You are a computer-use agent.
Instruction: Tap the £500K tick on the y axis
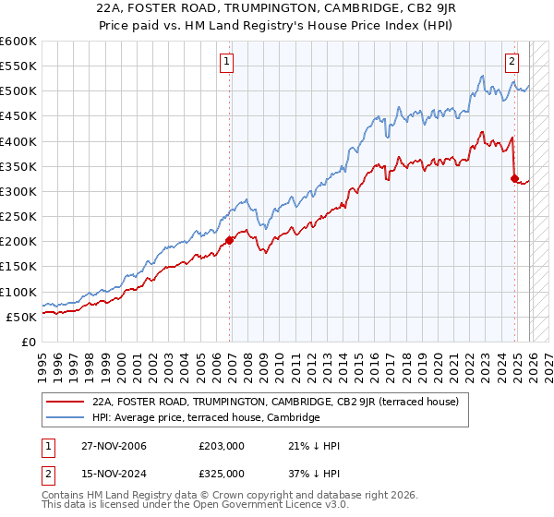tap(18, 91)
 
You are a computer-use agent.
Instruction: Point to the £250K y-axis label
tap(18, 217)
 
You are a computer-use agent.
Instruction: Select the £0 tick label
tap(28, 342)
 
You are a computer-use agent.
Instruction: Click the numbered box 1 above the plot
tap(226, 62)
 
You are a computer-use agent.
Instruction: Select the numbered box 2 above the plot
tap(511, 62)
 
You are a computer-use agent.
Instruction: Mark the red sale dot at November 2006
tap(230, 240)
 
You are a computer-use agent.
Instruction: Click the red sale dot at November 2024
tap(514, 179)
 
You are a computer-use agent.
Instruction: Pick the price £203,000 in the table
tap(221, 446)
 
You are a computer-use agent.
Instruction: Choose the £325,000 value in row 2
tap(221, 474)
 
